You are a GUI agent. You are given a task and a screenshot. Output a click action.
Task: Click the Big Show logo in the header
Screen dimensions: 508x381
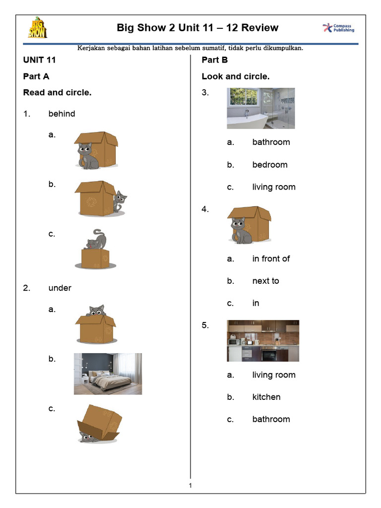point(37,28)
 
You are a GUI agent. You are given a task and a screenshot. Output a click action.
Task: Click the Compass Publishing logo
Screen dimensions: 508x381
point(339,28)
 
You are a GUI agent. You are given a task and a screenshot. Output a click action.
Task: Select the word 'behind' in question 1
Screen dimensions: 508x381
point(62,114)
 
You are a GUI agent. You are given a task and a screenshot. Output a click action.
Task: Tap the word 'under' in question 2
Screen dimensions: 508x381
point(60,288)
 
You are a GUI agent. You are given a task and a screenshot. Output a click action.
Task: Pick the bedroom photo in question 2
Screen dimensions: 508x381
point(108,374)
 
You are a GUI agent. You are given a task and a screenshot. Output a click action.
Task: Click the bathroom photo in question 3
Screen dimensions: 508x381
point(260,108)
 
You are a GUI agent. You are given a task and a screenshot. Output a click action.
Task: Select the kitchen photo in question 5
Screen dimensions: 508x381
point(263,340)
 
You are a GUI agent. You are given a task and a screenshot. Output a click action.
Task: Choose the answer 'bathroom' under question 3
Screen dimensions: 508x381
point(271,142)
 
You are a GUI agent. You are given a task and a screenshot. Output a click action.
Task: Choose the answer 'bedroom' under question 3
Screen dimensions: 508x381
point(269,165)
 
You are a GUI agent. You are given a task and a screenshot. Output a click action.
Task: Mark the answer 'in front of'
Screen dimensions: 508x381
point(271,258)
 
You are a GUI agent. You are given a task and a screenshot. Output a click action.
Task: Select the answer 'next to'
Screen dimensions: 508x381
point(265,281)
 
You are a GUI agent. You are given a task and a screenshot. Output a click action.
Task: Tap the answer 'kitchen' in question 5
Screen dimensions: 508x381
point(266,397)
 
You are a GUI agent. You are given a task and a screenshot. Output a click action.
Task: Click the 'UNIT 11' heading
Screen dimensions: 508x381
point(39,60)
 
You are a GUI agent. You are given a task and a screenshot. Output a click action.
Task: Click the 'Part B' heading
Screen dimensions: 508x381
point(214,60)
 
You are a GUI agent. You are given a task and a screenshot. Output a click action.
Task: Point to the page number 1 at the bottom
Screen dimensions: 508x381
point(190,485)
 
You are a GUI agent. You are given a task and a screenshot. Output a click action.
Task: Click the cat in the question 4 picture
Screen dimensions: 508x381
point(240,231)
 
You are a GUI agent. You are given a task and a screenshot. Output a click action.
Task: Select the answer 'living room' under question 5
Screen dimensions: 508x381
point(273,375)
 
